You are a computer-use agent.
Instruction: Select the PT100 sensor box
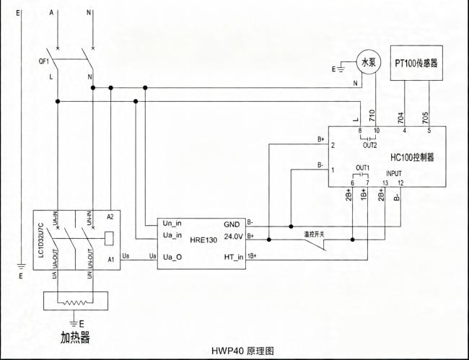tap(416, 63)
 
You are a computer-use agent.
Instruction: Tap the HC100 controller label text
tap(412, 157)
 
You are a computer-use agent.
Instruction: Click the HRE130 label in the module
tap(203, 240)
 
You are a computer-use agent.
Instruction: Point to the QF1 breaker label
tap(44, 62)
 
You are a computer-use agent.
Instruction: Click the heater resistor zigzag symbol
tap(76, 303)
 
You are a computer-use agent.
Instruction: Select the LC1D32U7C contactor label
tap(41, 240)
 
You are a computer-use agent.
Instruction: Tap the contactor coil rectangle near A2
tap(110, 239)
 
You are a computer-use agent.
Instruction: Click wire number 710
tap(372, 115)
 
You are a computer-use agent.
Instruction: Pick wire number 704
tap(401, 118)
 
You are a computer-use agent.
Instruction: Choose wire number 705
tap(425, 118)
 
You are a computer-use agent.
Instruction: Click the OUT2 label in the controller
tap(370, 146)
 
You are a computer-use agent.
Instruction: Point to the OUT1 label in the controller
tap(363, 167)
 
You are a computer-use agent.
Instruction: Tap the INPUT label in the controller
tap(394, 173)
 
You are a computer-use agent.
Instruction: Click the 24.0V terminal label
tap(234, 237)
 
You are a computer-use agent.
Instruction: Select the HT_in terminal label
tap(234, 257)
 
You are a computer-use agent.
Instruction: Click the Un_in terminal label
tap(172, 224)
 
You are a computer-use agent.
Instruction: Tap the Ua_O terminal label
tap(172, 257)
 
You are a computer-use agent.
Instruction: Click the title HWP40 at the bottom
tap(228, 351)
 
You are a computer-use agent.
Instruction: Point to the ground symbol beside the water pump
tap(341, 69)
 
